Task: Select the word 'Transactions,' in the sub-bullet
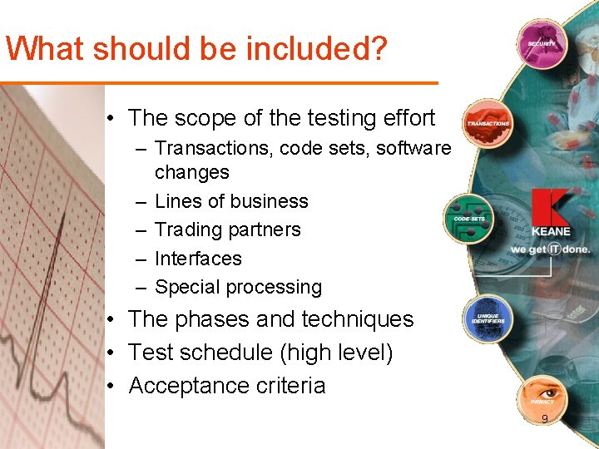(x=215, y=148)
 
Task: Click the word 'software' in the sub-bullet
(x=413, y=148)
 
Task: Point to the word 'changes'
(x=191, y=172)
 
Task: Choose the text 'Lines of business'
(x=231, y=201)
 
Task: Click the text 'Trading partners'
(x=227, y=229)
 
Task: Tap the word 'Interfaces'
(x=198, y=259)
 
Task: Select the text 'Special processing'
(x=238, y=287)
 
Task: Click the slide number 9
(x=544, y=419)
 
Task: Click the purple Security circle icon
(x=542, y=42)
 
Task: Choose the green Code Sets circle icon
(x=469, y=218)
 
